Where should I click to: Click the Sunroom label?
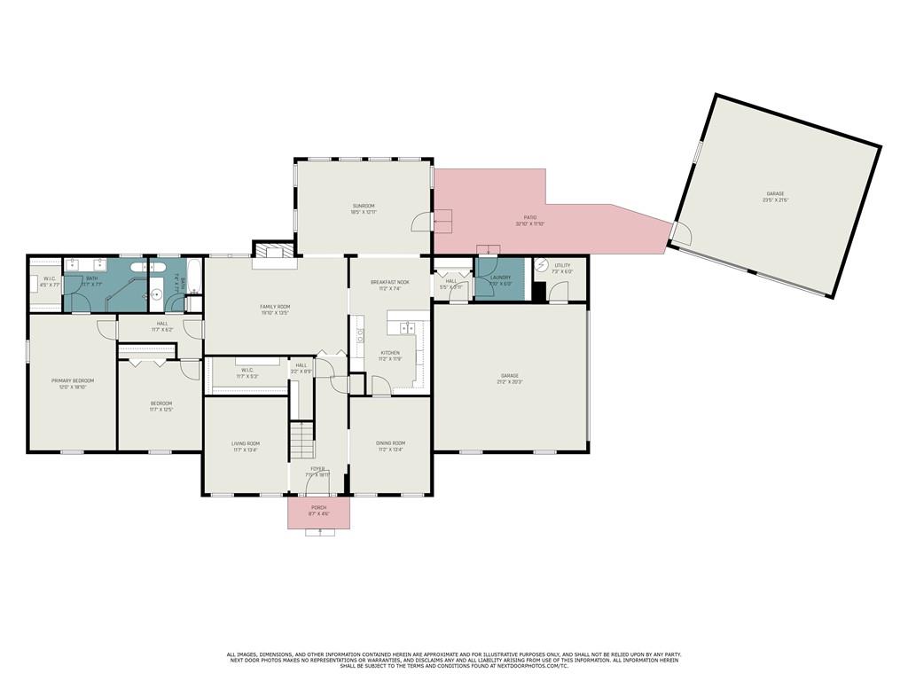click(364, 206)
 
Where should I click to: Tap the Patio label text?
click(529, 217)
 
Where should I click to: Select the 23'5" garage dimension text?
click(775, 200)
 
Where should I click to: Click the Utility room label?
click(562, 265)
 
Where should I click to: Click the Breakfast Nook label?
click(390, 281)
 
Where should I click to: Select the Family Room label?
click(275, 306)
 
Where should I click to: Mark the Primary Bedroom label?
click(72, 380)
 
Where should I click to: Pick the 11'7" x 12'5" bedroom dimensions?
click(160, 410)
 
